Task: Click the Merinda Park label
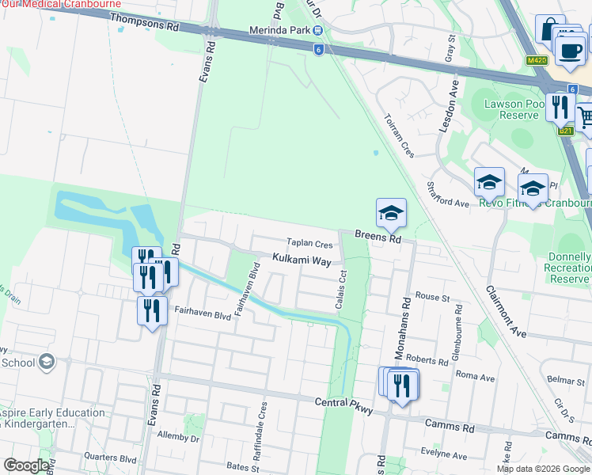tap(279, 31)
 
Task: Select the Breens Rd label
tap(378, 237)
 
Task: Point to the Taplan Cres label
tap(309, 244)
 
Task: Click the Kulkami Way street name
tap(302, 260)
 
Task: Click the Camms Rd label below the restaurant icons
tap(449, 427)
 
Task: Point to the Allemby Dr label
tap(178, 436)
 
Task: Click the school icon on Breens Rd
tap(391, 214)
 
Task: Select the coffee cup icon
tap(569, 50)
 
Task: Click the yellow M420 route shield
tap(536, 60)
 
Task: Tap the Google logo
tap(26, 465)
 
